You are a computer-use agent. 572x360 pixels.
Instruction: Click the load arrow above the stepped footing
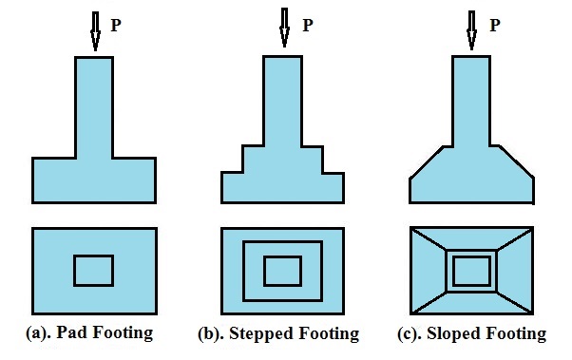coord(283,29)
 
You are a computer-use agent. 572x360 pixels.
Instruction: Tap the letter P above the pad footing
coord(116,26)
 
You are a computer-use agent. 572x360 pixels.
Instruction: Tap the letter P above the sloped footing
coord(494,25)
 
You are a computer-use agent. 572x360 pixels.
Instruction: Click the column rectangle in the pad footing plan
coord(94,271)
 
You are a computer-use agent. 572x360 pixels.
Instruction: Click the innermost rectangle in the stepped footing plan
coord(283,271)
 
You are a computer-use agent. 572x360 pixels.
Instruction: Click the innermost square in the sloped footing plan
coord(471,272)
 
